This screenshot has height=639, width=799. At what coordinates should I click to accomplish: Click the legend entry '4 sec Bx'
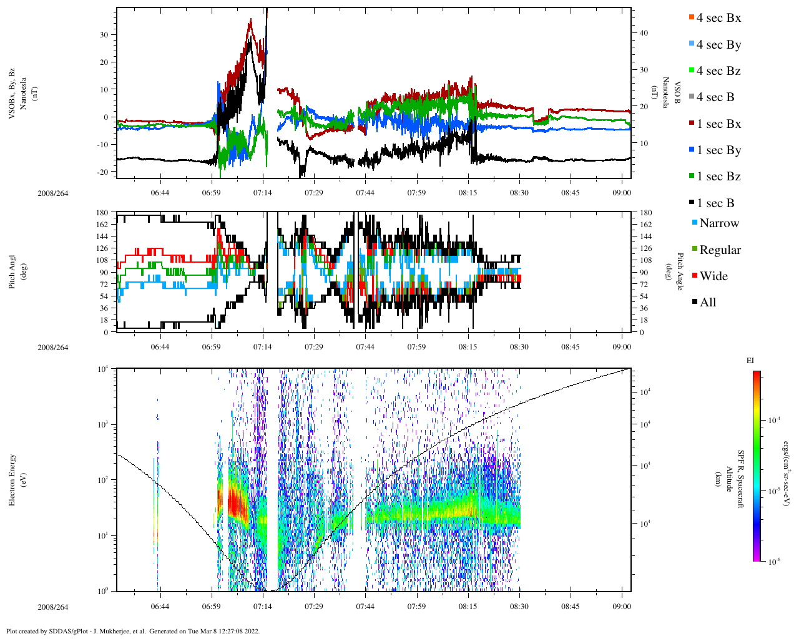click(x=718, y=18)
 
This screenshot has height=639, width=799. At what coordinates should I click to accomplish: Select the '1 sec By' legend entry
click(x=718, y=150)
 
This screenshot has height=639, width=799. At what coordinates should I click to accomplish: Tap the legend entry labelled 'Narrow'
click(x=718, y=223)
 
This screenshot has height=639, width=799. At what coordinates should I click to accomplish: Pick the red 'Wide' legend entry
click(x=713, y=276)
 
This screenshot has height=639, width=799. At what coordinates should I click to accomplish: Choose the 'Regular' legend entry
click(x=719, y=250)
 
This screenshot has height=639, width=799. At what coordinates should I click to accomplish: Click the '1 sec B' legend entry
click(x=715, y=203)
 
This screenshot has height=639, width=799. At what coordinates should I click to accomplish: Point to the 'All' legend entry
click(x=707, y=303)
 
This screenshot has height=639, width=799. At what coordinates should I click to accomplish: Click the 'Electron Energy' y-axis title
click(x=12, y=479)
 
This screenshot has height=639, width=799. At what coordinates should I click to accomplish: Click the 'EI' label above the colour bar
click(x=750, y=361)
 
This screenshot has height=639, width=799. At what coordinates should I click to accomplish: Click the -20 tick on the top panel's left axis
click(x=104, y=172)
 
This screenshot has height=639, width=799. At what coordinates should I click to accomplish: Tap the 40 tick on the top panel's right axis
click(x=643, y=34)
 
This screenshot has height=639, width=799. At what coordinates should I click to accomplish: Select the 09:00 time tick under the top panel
click(x=622, y=193)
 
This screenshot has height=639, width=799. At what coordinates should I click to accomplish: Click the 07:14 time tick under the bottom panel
click(x=262, y=607)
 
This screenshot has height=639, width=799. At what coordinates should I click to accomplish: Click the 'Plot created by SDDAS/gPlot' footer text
click(x=132, y=631)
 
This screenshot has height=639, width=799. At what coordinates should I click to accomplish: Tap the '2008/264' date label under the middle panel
click(x=52, y=348)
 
